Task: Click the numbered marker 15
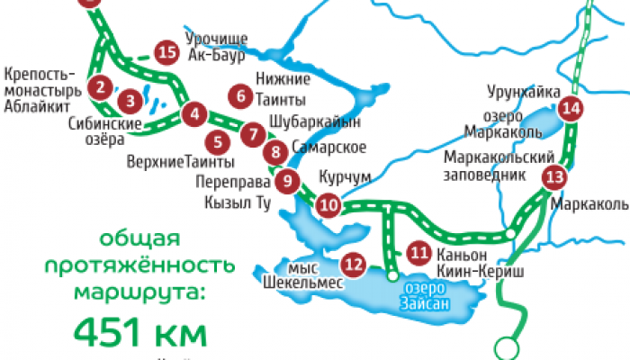[165, 52]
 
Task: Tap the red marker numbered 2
[101, 87]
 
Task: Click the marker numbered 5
[217, 141]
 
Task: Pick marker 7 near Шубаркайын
[254, 134]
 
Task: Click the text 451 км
[139, 333]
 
